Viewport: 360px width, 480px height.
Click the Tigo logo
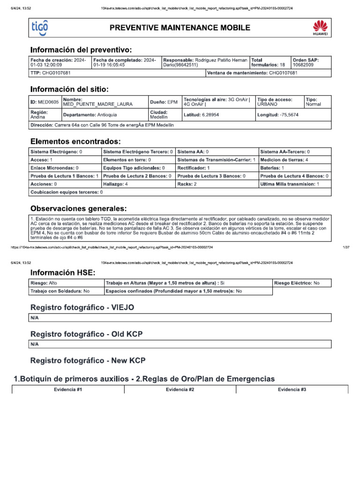39,28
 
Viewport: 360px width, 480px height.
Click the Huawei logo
320,28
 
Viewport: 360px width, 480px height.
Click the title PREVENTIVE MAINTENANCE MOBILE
180,28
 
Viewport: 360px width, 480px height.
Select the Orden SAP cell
311,63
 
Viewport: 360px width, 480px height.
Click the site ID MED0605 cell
45,102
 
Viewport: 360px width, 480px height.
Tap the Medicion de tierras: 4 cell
295,160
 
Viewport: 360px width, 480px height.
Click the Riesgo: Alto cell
65,283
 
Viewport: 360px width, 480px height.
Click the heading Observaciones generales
78,208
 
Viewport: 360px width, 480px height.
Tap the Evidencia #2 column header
180,390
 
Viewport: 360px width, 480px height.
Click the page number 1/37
347,247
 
